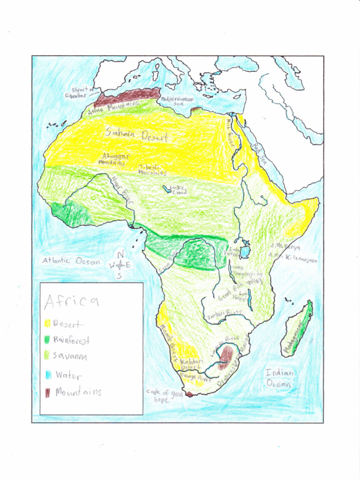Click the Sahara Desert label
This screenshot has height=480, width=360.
point(136,135)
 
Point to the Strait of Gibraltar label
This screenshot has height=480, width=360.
point(83,92)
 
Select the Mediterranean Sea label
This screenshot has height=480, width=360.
point(177,102)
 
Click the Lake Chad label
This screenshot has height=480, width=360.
point(177,190)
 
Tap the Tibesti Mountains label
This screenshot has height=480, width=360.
point(152,170)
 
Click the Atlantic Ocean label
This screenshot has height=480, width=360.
point(71,261)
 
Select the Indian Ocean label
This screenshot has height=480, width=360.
point(280,378)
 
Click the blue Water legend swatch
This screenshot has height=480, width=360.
point(47,375)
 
